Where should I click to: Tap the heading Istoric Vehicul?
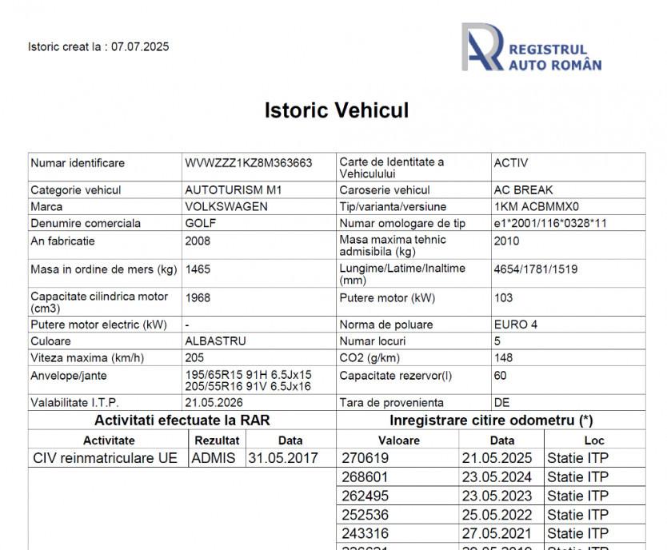point(337,110)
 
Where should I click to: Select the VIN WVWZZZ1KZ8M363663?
point(248,163)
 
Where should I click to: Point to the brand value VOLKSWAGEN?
point(226,206)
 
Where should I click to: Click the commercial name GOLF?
point(201,223)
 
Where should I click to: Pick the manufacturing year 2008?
point(198,241)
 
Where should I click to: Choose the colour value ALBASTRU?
point(215,341)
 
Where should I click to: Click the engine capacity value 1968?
point(198,297)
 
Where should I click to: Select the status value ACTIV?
point(511,163)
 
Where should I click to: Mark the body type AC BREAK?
point(523,190)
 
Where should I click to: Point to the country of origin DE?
point(502,403)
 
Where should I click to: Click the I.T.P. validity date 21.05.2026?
point(214,403)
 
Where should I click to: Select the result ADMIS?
point(214,458)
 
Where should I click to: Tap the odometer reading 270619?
point(365,458)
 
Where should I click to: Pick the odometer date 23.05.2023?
point(497,496)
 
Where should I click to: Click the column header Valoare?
point(398,440)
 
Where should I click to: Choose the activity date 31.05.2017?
point(283,458)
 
